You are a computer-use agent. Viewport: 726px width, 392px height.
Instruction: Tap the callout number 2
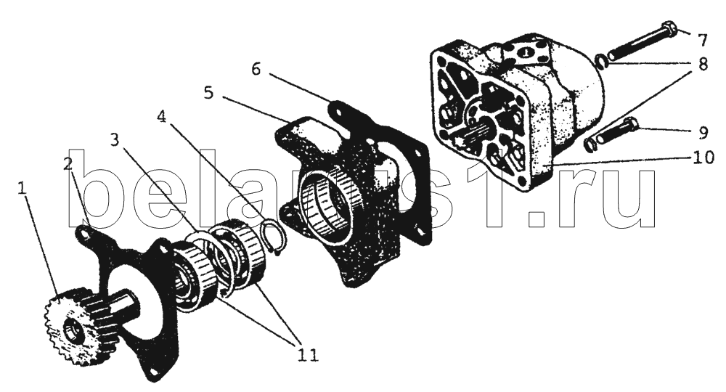pyautogui.click(x=68, y=163)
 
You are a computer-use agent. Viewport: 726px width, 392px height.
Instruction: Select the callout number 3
pyautogui.click(x=115, y=139)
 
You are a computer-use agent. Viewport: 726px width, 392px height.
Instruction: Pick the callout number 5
pyautogui.click(x=208, y=93)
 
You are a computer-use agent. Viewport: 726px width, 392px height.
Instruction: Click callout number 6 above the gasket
pyautogui.click(x=256, y=70)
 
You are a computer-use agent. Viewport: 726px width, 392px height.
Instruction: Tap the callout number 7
pyautogui.click(x=702, y=41)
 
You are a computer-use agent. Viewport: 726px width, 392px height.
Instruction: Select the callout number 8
pyautogui.click(x=702, y=64)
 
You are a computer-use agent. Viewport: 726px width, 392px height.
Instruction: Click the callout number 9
pyautogui.click(x=703, y=134)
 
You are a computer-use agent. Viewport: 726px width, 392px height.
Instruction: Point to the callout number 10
pyautogui.click(x=703, y=158)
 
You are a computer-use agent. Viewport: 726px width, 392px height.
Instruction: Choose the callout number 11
pyautogui.click(x=308, y=356)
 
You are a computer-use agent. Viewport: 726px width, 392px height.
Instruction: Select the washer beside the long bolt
pyautogui.click(x=600, y=61)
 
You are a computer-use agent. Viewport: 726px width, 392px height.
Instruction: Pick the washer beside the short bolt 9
pyautogui.click(x=589, y=145)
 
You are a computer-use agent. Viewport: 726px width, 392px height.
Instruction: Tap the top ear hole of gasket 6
pyautogui.click(x=338, y=110)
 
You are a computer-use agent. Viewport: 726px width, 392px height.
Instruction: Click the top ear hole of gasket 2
pyautogui.click(x=85, y=234)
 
